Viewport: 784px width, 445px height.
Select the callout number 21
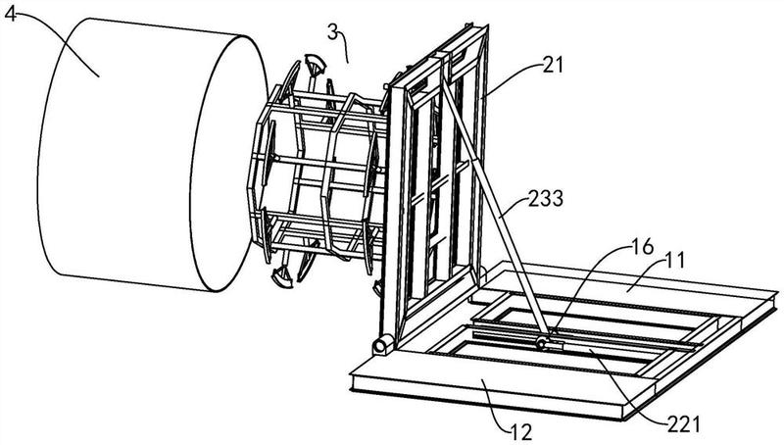(552, 65)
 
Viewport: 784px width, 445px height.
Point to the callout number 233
(546, 199)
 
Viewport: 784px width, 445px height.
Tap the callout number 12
(521, 431)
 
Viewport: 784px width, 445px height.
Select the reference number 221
(683, 424)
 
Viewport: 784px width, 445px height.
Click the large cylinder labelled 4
(150, 155)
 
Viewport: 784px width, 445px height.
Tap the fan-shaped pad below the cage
(282, 277)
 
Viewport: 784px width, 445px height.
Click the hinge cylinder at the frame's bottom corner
(383, 345)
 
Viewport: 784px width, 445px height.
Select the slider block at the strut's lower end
(549, 344)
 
